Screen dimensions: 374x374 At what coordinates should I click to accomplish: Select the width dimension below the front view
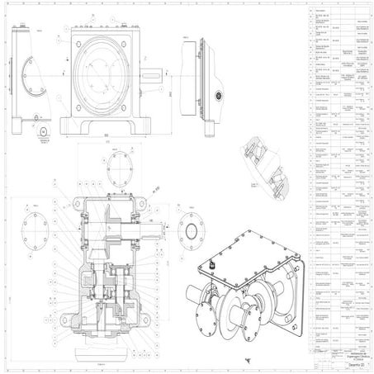(x=107, y=135)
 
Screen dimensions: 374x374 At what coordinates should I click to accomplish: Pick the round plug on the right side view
(x=219, y=93)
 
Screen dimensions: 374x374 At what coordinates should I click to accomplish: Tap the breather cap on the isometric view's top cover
(x=210, y=265)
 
